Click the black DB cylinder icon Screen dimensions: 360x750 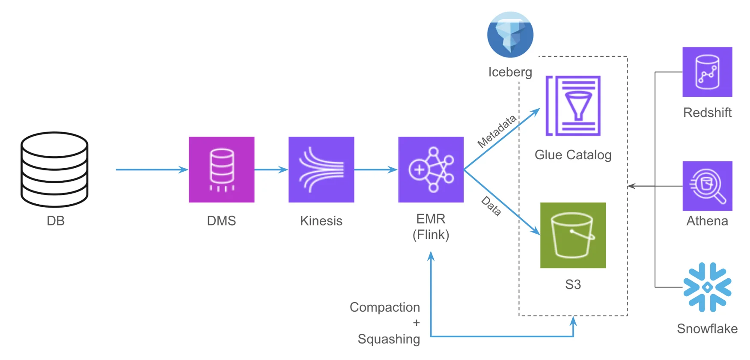point(54,169)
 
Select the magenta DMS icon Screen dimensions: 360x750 point(221,170)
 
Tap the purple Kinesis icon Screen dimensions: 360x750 point(321,170)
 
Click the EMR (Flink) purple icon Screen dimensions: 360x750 point(431,170)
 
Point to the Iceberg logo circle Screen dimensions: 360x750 point(510,35)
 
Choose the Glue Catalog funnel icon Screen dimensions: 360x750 point(573,106)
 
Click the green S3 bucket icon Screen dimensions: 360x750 point(573,235)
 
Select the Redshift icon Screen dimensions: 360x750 point(707,72)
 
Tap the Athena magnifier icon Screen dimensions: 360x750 point(707,186)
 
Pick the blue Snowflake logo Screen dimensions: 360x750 point(707,287)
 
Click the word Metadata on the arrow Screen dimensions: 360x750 point(497,131)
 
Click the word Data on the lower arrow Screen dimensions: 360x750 point(491,206)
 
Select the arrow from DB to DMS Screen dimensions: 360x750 point(152,170)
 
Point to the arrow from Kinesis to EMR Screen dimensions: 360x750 point(376,170)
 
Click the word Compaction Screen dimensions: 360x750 point(384,307)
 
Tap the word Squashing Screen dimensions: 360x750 point(389,339)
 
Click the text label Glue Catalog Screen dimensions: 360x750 point(573,155)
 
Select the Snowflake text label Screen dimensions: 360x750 point(707,328)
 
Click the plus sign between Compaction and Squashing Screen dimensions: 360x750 point(416,323)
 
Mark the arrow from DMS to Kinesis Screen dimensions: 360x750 point(271,170)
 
